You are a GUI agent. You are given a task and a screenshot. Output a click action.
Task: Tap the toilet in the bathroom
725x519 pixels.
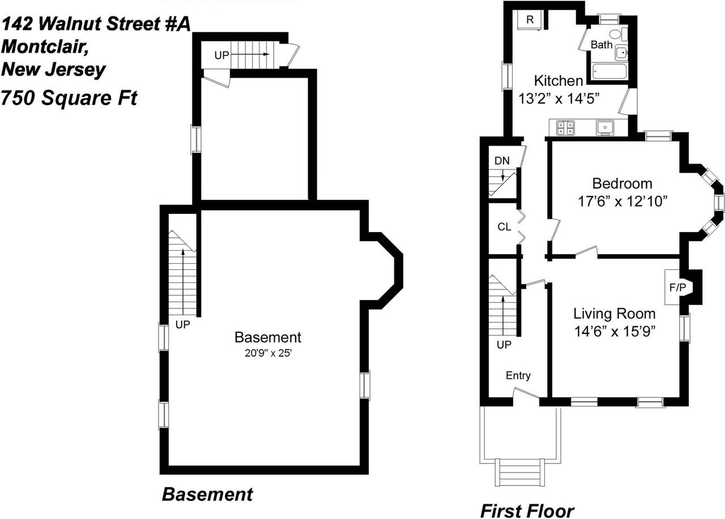tap(623, 33)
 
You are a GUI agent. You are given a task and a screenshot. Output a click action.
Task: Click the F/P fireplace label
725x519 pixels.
tap(677, 288)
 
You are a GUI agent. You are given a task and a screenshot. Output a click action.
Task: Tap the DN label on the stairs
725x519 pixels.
tap(502, 161)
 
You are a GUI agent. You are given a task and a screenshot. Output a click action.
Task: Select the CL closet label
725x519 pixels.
tap(504, 227)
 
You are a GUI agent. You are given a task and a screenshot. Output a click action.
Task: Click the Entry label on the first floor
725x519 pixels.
tap(518, 376)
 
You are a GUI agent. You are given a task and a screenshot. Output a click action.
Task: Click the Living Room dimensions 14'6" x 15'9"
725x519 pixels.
tap(615, 331)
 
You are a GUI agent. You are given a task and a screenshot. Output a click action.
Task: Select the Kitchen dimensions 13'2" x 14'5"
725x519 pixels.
tap(559, 98)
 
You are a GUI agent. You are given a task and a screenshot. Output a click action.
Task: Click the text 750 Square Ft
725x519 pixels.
tap(69, 98)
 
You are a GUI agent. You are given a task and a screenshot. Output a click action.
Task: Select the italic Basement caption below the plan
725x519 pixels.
tap(207, 494)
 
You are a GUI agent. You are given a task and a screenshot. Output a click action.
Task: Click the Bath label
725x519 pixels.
tap(602, 44)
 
